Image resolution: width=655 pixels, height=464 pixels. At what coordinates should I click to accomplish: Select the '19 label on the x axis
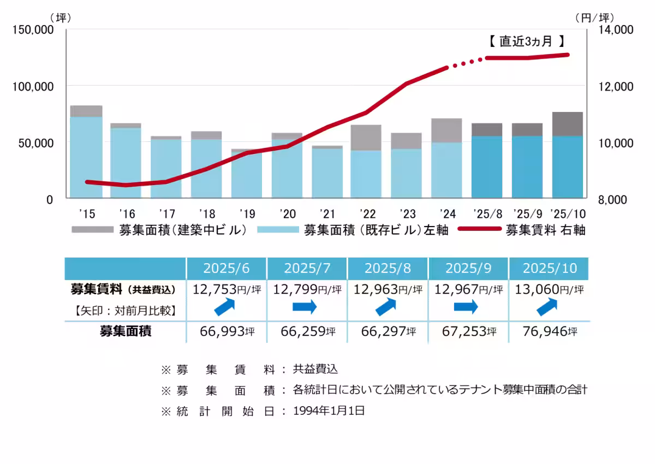[x=247, y=213]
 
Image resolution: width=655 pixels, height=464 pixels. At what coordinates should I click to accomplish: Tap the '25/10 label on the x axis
[x=567, y=213]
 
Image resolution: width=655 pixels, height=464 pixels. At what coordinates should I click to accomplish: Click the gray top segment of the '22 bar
[x=366, y=138]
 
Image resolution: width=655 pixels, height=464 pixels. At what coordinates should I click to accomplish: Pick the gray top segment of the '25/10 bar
[x=567, y=124]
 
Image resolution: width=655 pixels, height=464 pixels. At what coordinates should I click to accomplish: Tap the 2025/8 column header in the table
[x=387, y=269]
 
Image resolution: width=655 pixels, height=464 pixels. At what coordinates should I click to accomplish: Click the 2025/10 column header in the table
[x=549, y=269]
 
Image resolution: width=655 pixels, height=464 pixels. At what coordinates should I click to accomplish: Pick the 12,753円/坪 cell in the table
[x=227, y=289]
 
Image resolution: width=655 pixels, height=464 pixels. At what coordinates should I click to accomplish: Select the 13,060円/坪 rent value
[x=549, y=289]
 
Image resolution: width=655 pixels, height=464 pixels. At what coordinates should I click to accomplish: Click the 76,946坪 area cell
[x=549, y=331]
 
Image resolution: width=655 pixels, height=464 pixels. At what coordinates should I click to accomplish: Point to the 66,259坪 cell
[x=307, y=331]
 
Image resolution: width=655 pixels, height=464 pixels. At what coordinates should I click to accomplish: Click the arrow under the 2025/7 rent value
[x=305, y=307]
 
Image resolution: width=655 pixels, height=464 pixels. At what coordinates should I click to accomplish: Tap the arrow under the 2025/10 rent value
[x=547, y=307]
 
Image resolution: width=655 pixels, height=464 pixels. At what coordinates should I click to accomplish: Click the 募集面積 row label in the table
[x=126, y=331]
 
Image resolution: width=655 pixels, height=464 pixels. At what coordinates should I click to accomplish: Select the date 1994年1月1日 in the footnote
[x=329, y=411]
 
